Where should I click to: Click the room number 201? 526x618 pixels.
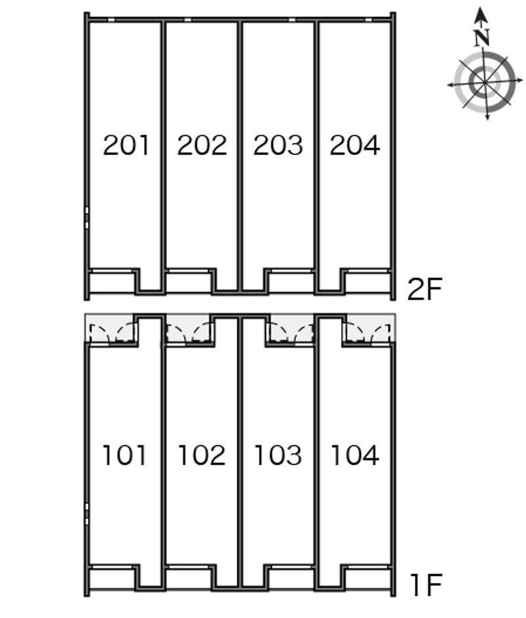(126, 145)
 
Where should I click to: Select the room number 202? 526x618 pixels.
(202, 145)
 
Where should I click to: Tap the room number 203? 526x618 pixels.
(278, 145)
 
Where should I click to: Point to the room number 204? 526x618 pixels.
(355, 145)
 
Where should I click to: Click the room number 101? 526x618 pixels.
(125, 455)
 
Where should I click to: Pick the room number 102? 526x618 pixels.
(202, 455)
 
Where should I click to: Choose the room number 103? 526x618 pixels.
(278, 455)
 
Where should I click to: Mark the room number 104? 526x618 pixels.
(355, 455)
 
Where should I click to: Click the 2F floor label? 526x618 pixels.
(425, 289)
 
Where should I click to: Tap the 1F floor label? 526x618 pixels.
(426, 585)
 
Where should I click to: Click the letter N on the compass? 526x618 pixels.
(482, 38)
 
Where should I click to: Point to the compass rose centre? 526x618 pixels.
(485, 82)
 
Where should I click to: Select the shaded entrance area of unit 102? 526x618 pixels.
(189, 328)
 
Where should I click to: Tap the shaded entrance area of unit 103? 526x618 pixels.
(292, 328)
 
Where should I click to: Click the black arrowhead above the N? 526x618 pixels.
(480, 15)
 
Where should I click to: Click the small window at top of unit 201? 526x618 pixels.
(112, 19)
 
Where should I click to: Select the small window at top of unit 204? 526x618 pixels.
(368, 19)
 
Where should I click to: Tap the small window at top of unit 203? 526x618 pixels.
(292, 19)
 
